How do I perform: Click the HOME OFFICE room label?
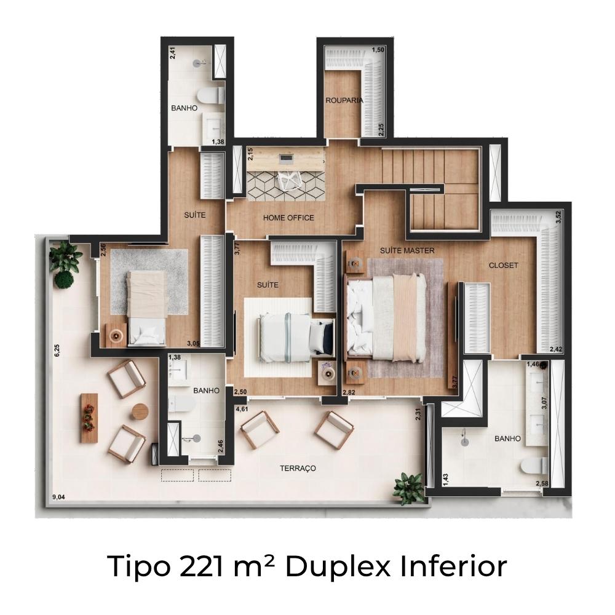(288, 218)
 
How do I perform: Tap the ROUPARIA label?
(344, 100)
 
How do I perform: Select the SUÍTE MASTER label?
(407, 250)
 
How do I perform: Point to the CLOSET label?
(503, 266)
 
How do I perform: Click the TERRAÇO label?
(298, 468)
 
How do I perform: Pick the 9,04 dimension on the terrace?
(58, 498)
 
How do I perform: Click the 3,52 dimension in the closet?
(558, 217)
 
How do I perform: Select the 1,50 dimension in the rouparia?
(378, 50)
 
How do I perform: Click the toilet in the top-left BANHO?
(210, 95)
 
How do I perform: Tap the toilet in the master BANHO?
(534, 466)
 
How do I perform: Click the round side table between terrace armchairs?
(140, 412)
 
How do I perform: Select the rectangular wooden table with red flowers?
(89, 418)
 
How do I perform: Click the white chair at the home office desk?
(288, 180)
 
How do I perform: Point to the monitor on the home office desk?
(285, 159)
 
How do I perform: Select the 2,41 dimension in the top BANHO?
(173, 53)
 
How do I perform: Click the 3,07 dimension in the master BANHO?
(544, 403)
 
